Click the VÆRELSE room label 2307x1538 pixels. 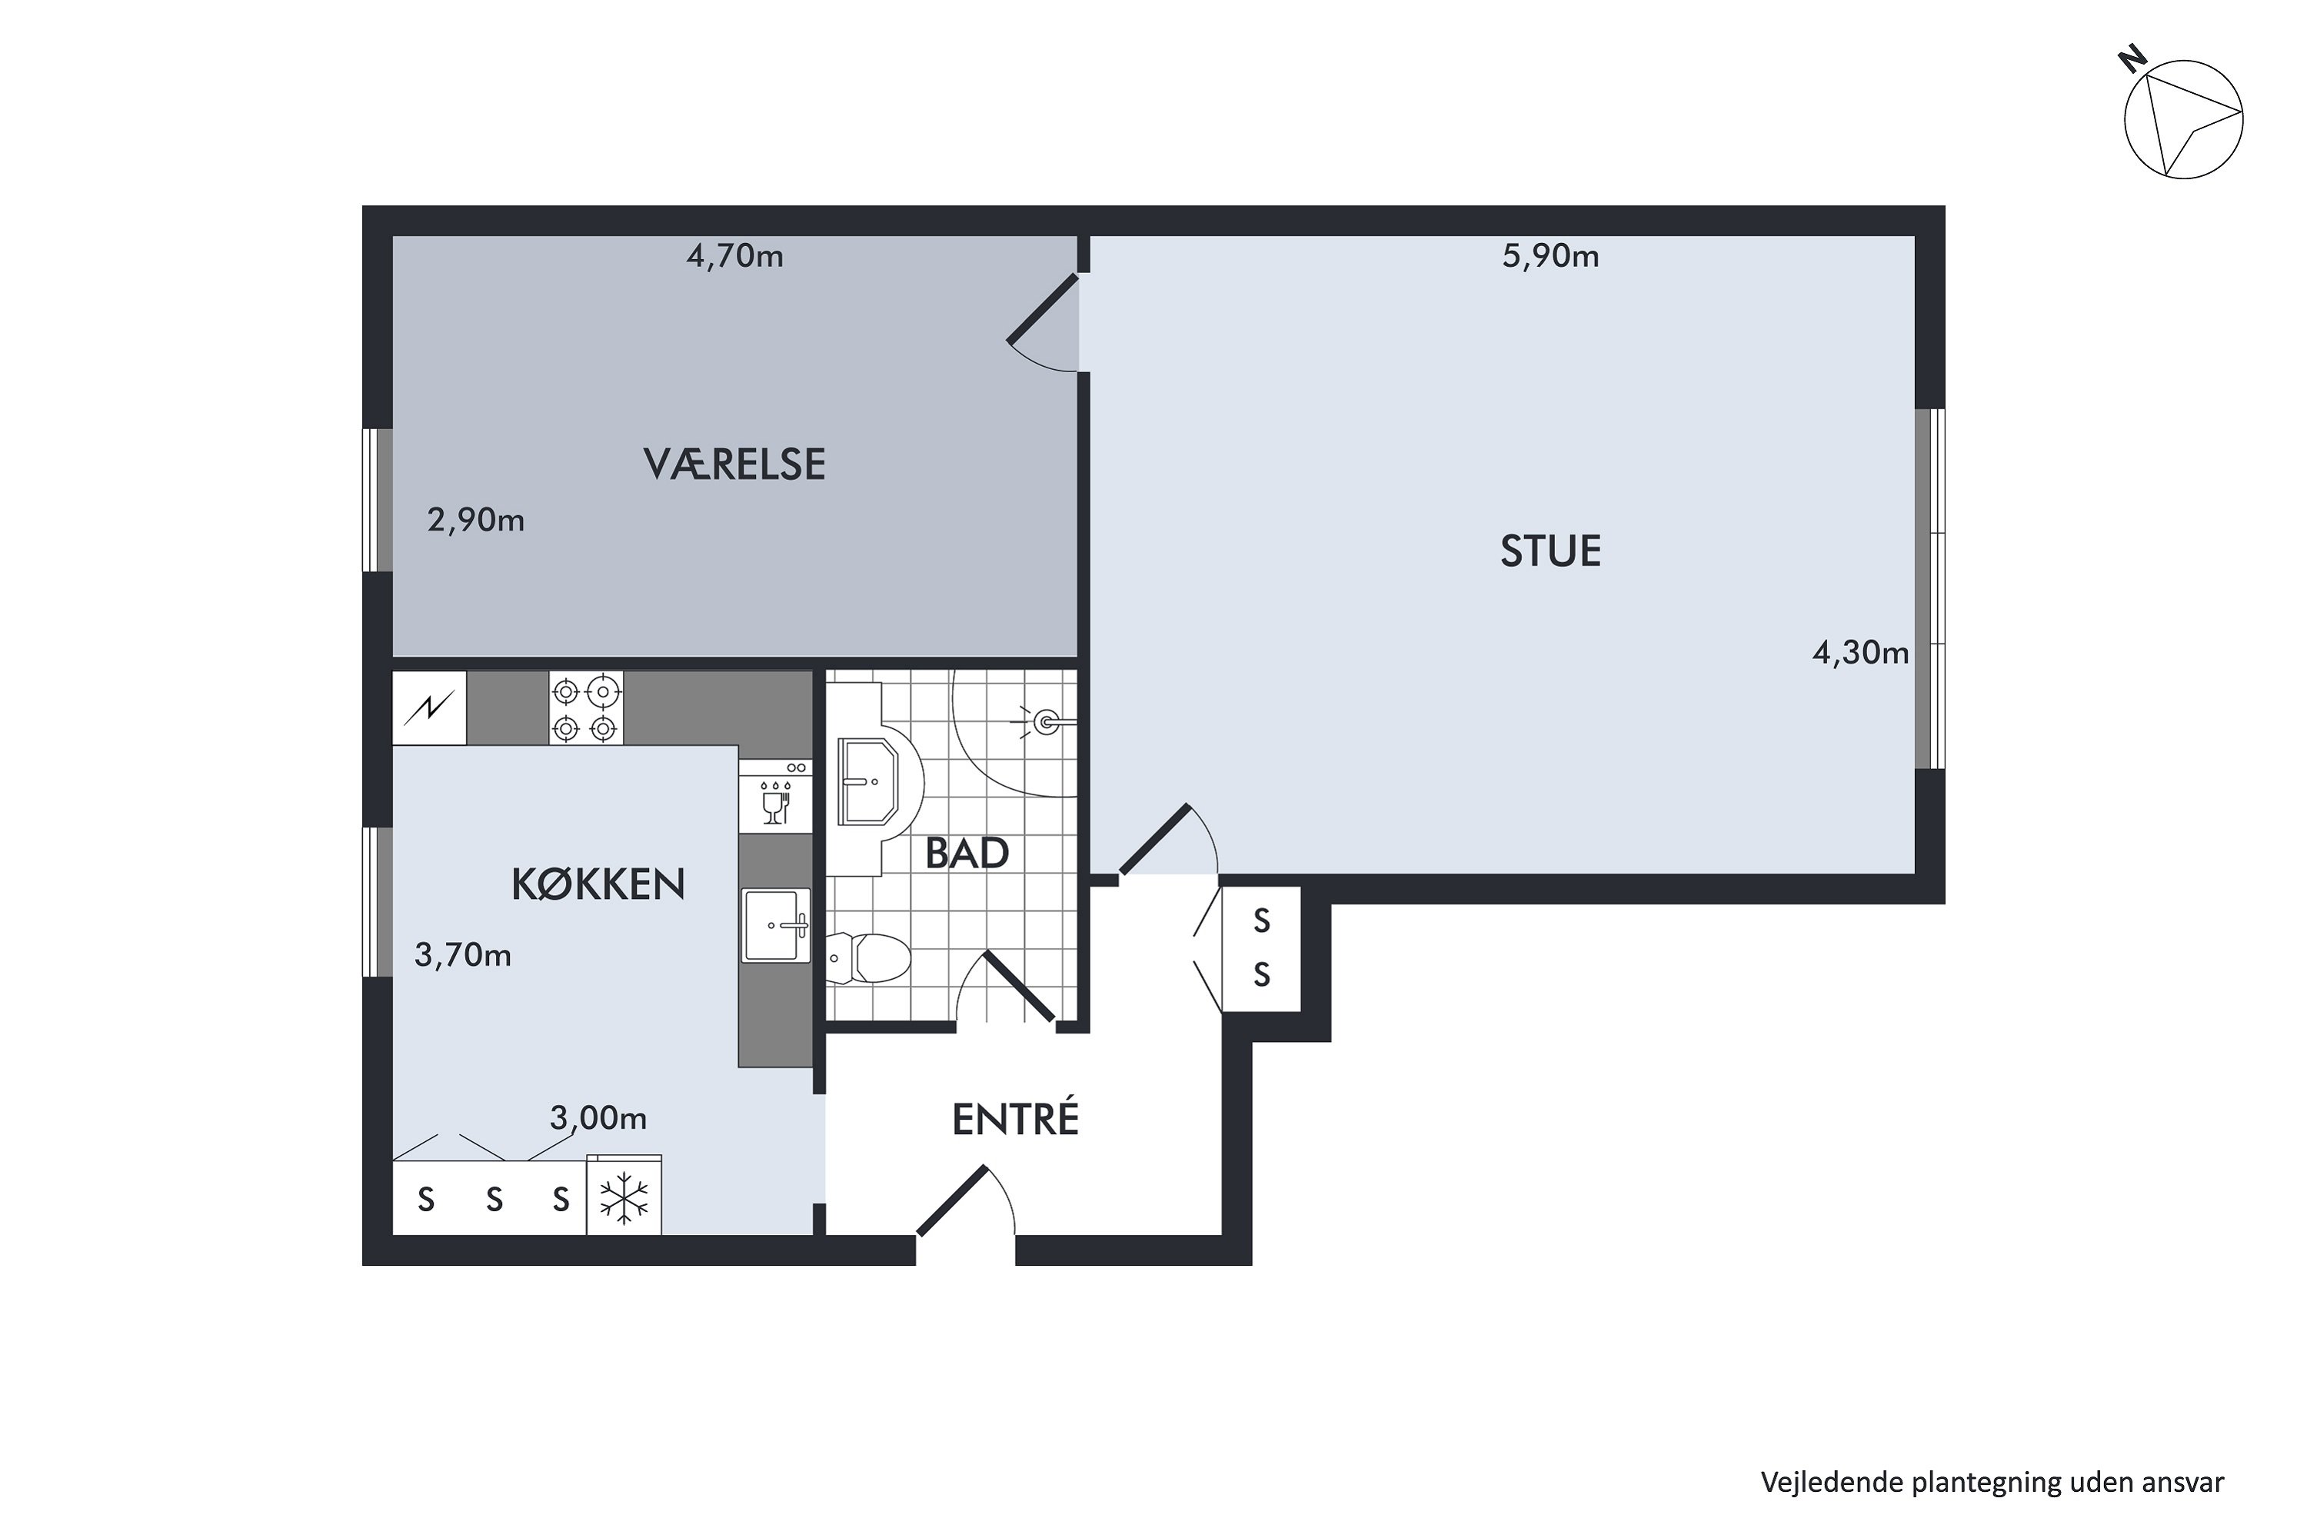pyautogui.click(x=734, y=464)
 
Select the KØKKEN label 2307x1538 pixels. pyautogui.click(x=598, y=885)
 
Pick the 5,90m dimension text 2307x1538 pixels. pyautogui.click(x=1550, y=257)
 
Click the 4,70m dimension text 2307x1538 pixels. pyautogui.click(x=734, y=257)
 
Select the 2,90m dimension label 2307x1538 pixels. pyautogui.click(x=476, y=520)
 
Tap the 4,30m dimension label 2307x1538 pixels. pyautogui.click(x=1859, y=652)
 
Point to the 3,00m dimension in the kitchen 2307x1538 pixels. pyautogui.click(x=598, y=1117)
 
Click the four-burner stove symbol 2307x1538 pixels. pyautogui.click(x=585, y=708)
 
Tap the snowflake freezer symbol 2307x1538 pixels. pyautogui.click(x=624, y=1197)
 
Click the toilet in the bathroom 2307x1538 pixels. pyautogui.click(x=867, y=958)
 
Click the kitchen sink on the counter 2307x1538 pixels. pyautogui.click(x=776, y=925)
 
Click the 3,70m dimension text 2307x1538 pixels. pyautogui.click(x=463, y=954)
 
